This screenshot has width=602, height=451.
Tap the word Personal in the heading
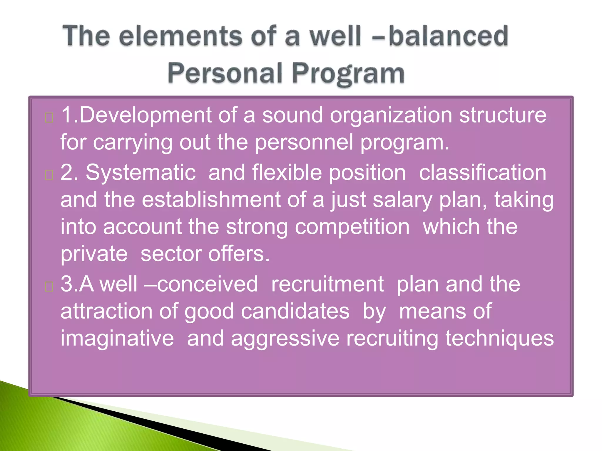tap(225, 73)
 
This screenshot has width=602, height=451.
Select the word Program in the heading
tap(348, 73)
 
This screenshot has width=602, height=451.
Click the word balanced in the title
tap(448, 36)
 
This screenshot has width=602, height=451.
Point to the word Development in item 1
tap(146, 115)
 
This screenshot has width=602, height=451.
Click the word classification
tap(482, 173)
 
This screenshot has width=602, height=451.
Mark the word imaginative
tap(117, 338)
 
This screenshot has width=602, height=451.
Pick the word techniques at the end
tap(499, 338)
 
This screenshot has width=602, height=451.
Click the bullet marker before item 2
tap(49, 175)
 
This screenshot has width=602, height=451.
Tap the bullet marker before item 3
tap(49, 287)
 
